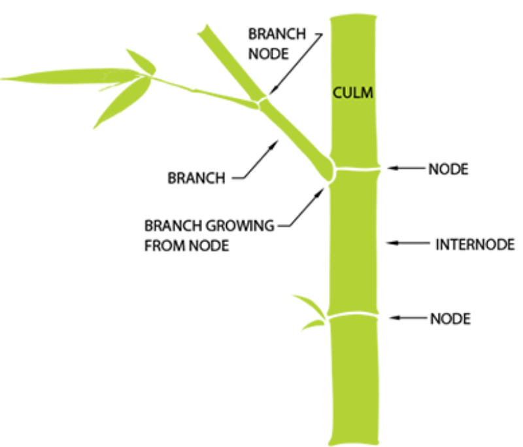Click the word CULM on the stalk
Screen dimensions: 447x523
pyautogui.click(x=353, y=93)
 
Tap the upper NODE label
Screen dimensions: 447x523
pyautogui.click(x=448, y=169)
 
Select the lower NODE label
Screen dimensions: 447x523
pyautogui.click(x=450, y=319)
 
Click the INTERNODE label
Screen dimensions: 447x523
pyautogui.click(x=475, y=245)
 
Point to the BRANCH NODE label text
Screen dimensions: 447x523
pyautogui.click(x=268, y=43)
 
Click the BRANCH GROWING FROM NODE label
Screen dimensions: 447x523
pyautogui.click(x=209, y=237)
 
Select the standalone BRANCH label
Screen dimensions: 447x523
pyautogui.click(x=196, y=177)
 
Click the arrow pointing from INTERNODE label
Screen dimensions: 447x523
pyautogui.click(x=409, y=243)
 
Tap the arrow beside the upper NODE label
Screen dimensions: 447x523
pyautogui.click(x=405, y=168)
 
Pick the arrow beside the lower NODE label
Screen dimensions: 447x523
pyautogui.click(x=408, y=318)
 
